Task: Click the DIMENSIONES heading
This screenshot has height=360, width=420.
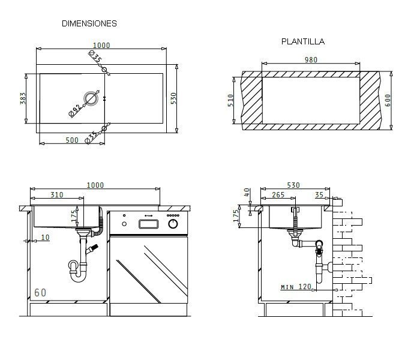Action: (x=89, y=23)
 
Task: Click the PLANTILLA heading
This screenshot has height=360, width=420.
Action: (x=303, y=41)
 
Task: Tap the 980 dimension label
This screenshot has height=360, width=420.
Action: (x=311, y=60)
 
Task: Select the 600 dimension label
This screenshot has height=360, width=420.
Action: (x=388, y=100)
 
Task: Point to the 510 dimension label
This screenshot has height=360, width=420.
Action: (x=230, y=100)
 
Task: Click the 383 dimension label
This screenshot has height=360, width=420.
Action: (x=23, y=98)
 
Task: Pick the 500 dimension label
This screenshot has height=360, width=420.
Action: (x=72, y=140)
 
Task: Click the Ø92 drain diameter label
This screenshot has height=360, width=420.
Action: (x=75, y=110)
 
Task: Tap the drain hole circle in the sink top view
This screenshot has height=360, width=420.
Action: (x=91, y=98)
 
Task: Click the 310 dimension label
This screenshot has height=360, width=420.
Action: (x=57, y=195)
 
